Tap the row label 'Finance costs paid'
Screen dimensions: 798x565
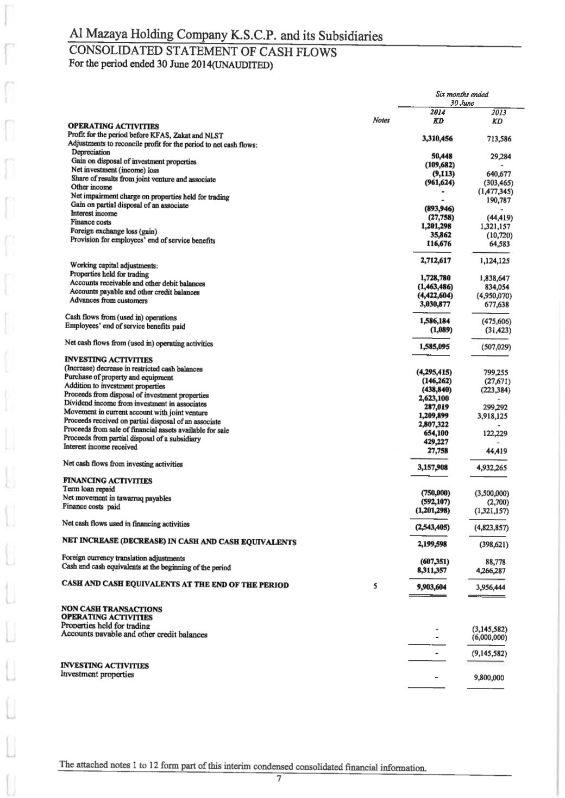point(91,507)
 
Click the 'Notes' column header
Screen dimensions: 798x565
point(381,120)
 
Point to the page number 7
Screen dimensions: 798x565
point(278,780)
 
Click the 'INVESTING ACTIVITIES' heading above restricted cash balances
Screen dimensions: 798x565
point(108,360)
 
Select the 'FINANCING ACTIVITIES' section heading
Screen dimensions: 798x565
point(107,481)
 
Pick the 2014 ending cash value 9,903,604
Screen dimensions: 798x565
point(431,588)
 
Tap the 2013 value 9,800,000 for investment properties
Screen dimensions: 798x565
point(489,678)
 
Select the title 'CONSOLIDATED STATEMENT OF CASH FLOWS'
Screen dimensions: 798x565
point(203,52)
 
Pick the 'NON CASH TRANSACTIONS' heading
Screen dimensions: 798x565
point(111,609)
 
